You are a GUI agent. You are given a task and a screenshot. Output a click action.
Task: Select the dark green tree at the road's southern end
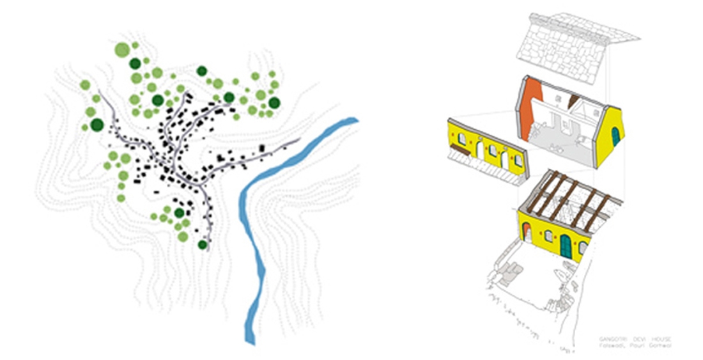(x=203, y=244)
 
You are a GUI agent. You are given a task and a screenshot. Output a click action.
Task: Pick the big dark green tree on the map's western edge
(x=97, y=124)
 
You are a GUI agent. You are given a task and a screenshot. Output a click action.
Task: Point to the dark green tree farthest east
(x=274, y=103)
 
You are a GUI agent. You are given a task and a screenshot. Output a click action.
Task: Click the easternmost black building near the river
(x=262, y=148)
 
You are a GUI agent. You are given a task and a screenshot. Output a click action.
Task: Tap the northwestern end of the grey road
(x=100, y=93)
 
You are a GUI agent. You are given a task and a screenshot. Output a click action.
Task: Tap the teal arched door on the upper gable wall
(x=615, y=136)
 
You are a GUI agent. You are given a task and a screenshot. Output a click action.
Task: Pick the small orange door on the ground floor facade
(x=528, y=233)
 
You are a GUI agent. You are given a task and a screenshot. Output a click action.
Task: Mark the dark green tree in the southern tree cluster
(x=179, y=212)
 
